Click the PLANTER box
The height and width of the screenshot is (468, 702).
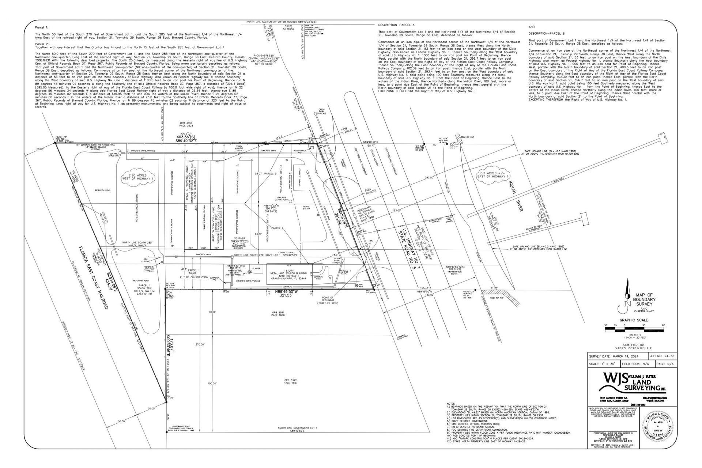click(256, 269)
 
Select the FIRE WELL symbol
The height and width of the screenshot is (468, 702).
click(357, 284)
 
